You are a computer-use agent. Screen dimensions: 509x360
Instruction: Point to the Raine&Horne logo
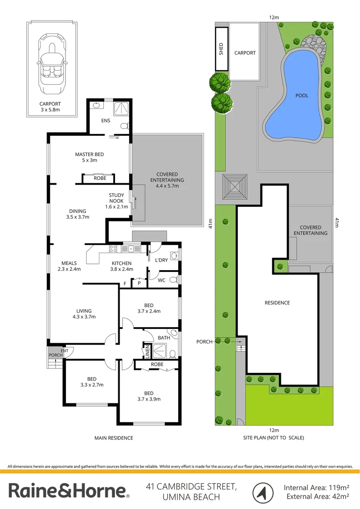click(x=69, y=491)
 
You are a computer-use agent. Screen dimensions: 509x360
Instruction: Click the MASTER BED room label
click(x=90, y=154)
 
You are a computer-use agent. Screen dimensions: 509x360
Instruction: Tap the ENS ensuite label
click(x=106, y=121)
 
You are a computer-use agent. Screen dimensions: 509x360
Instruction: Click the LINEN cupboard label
click(x=147, y=352)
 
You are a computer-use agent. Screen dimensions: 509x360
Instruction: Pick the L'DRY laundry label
click(x=162, y=260)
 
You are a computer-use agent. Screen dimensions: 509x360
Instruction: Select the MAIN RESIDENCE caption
click(x=114, y=438)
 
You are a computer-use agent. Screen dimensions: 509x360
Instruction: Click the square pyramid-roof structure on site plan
click(x=234, y=188)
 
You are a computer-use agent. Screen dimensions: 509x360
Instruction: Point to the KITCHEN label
click(x=122, y=263)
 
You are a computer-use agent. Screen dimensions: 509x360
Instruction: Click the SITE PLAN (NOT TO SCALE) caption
click(x=274, y=437)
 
